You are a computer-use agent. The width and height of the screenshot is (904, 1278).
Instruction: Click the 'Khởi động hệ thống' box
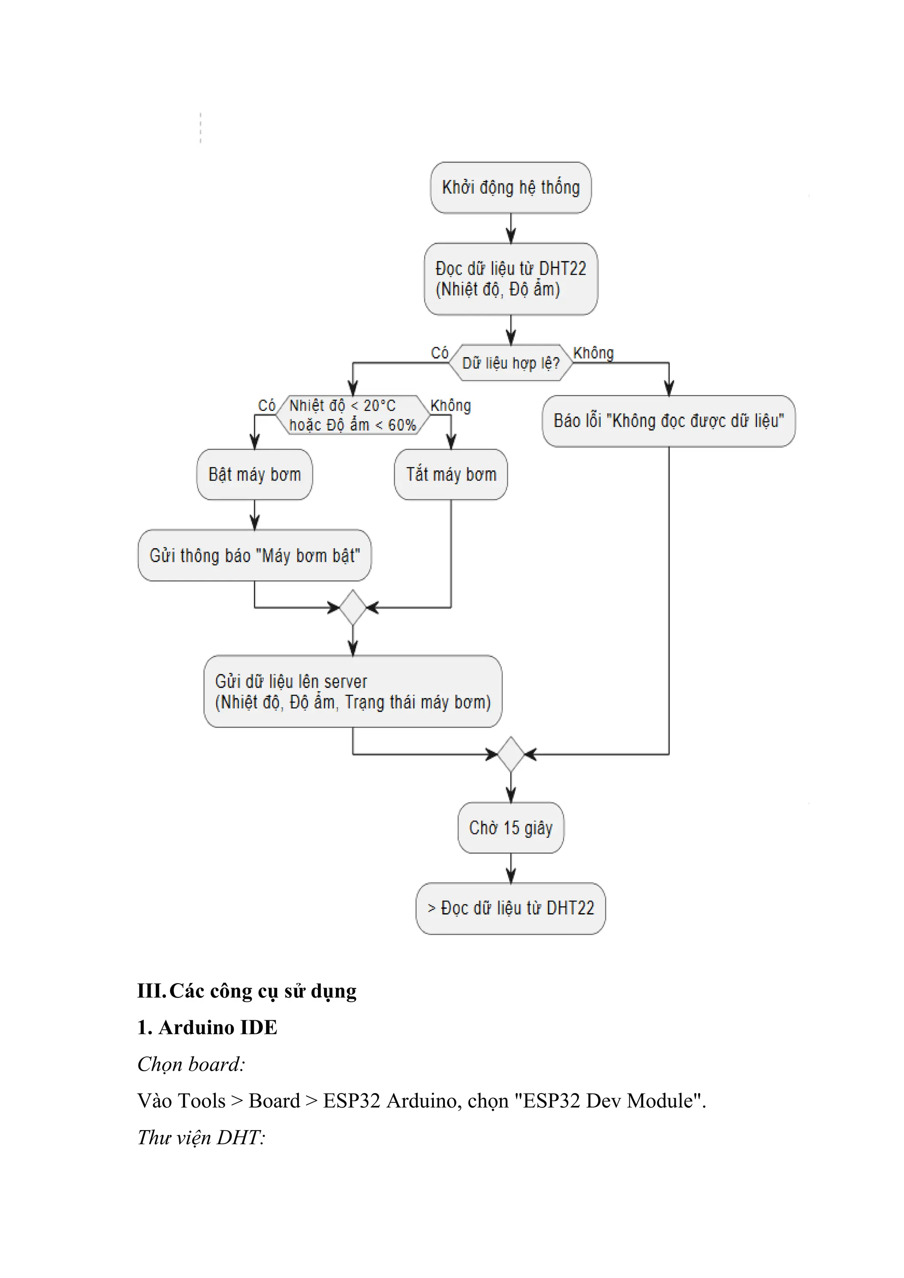coord(510,188)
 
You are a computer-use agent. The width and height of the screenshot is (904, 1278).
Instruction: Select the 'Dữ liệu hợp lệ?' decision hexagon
coord(510,363)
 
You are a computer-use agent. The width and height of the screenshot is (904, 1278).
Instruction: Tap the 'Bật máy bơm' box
coord(254,474)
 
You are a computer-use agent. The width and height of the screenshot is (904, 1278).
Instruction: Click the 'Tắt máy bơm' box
coord(451,474)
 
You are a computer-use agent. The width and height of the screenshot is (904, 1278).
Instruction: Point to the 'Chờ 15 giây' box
coord(510,828)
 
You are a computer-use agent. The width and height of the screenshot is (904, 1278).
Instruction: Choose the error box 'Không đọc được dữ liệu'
coord(669,421)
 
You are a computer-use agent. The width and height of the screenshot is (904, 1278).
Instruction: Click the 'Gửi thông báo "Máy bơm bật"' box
coord(254,555)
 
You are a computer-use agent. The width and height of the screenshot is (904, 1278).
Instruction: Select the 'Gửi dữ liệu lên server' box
coord(352,692)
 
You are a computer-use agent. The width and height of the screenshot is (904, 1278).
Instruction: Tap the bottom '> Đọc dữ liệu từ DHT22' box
coord(510,908)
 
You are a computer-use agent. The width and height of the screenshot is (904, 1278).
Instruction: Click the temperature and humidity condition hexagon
coord(352,415)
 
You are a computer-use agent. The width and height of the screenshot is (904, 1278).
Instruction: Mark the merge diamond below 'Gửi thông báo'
coord(352,607)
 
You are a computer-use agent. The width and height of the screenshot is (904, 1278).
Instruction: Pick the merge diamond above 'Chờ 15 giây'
coord(510,754)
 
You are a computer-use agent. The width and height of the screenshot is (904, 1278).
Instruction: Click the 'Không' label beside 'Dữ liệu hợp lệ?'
coord(593,353)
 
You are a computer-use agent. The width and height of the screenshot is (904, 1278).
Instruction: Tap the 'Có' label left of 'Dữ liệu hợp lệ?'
coord(439,353)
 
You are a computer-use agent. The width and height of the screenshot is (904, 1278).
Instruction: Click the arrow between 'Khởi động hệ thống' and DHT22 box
coord(510,228)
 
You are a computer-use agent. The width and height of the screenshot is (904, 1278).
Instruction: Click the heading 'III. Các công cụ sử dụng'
coord(247,991)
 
